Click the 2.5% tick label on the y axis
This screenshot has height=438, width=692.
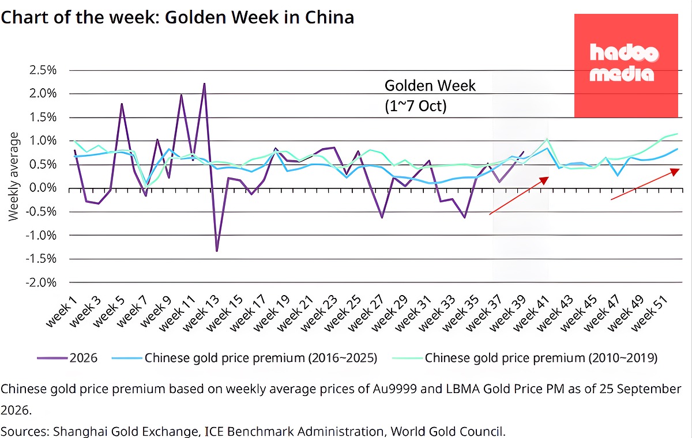point(43,70)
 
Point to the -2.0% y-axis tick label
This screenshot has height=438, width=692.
point(41,282)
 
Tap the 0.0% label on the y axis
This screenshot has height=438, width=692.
point(43,188)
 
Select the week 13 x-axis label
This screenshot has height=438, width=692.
point(201,314)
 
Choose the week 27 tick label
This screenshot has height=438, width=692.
point(366,314)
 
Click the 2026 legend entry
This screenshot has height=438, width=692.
point(67,358)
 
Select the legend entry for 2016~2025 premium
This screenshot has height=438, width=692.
point(245,358)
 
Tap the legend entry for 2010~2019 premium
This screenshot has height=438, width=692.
point(525,358)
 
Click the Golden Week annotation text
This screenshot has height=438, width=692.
point(430,85)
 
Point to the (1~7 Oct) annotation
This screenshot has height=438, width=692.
point(416,106)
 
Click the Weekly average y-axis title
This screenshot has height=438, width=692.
point(14,176)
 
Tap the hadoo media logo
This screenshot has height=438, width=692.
point(626,66)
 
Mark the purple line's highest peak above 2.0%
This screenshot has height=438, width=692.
point(204,84)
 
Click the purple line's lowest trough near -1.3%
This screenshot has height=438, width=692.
point(217,251)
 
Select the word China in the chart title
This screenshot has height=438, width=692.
point(329,17)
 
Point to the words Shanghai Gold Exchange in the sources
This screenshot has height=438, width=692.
point(125,431)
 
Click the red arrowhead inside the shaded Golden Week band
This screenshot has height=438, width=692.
point(544,180)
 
